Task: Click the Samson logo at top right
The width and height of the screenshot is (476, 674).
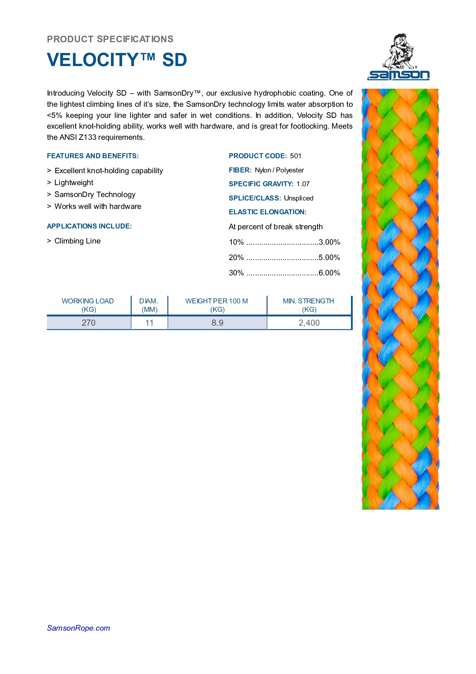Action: tap(398, 58)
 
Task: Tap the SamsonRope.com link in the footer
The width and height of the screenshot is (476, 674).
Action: tap(78, 628)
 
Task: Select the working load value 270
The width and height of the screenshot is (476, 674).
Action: tap(88, 323)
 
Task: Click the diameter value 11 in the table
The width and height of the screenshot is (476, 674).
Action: tap(149, 323)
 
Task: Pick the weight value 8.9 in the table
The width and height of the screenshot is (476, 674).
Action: tap(217, 323)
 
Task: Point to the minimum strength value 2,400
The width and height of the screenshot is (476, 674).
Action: tap(309, 323)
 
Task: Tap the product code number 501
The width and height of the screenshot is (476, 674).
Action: tap(296, 156)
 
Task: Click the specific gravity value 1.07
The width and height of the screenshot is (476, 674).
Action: tap(303, 184)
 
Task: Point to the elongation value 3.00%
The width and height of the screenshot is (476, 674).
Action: tap(329, 242)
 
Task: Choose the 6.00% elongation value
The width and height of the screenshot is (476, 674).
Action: tap(329, 273)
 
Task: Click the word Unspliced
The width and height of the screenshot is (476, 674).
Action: tap(299, 198)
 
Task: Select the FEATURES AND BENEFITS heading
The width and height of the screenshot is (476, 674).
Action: tap(93, 156)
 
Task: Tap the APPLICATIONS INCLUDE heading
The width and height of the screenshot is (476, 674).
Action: tap(89, 226)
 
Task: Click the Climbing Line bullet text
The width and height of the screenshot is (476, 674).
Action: tap(78, 241)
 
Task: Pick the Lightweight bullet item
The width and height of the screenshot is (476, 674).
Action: tap(74, 183)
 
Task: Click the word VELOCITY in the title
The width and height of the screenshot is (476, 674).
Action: tap(93, 60)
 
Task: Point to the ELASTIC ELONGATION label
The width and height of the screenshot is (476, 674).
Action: tap(268, 212)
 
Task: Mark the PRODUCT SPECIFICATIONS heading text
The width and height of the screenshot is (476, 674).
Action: tap(110, 39)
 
